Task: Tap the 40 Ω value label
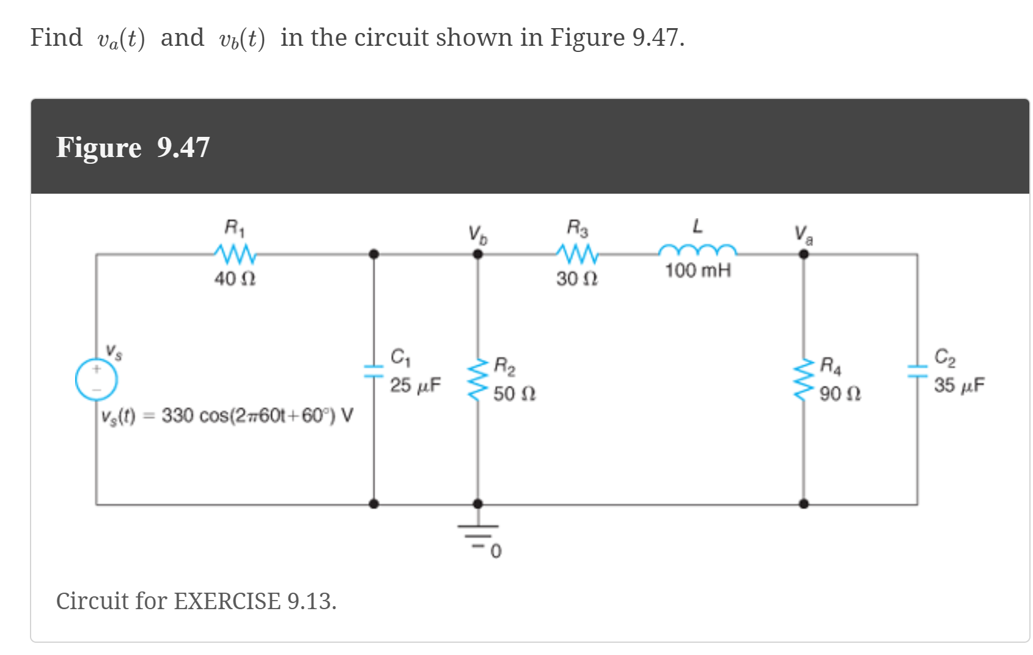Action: click(235, 279)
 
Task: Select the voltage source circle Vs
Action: click(97, 379)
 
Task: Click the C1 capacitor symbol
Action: click(373, 370)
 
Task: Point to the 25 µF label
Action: click(416, 385)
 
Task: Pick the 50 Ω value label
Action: click(515, 393)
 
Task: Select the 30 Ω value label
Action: click(577, 279)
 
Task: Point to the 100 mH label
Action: click(698, 270)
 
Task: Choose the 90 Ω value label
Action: click(840, 393)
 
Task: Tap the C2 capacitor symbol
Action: click(917, 370)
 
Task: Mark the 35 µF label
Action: click(959, 385)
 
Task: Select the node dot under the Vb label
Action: click(478, 254)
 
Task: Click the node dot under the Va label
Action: click(804, 254)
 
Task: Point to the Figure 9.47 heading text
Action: click(133, 147)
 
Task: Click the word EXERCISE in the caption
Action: click(227, 601)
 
